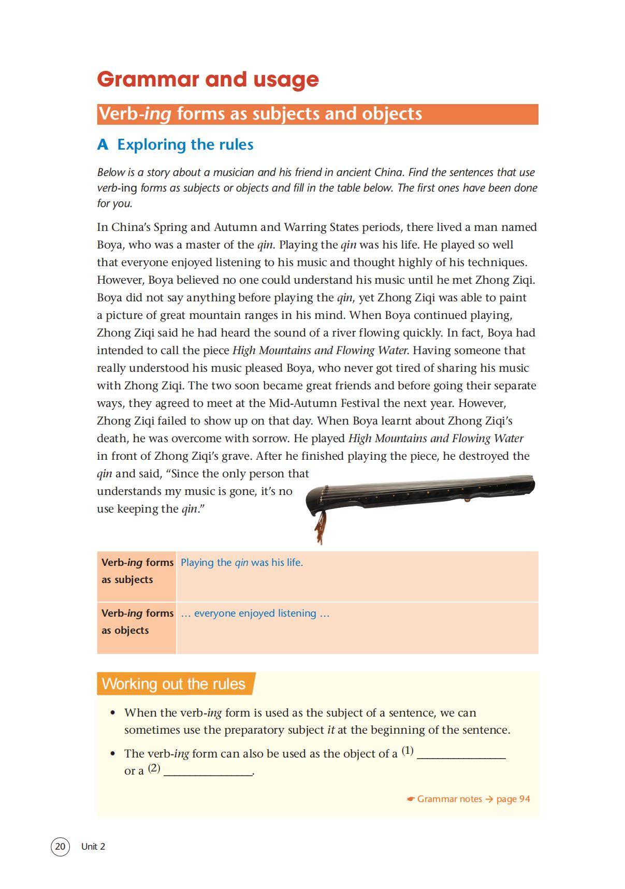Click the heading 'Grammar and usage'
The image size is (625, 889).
(x=208, y=79)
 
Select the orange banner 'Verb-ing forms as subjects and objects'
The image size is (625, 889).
(x=317, y=114)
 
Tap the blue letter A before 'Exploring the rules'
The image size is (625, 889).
(x=103, y=144)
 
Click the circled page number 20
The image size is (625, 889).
(x=60, y=846)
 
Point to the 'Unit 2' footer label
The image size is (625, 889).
(x=93, y=846)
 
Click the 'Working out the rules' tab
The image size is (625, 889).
(x=174, y=683)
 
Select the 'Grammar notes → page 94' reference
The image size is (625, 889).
(x=469, y=798)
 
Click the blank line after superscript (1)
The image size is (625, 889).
(x=461, y=755)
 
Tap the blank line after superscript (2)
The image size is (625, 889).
(x=208, y=772)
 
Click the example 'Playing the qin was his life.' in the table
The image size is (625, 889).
(x=242, y=562)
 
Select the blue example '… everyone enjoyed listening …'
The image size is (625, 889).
(x=255, y=613)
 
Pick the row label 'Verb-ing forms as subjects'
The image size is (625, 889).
(x=137, y=571)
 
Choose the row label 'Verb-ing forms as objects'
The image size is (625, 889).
(x=137, y=621)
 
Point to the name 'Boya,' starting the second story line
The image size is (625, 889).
(x=110, y=245)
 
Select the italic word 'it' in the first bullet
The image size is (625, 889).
(x=331, y=730)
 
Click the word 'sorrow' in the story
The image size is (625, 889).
(x=269, y=439)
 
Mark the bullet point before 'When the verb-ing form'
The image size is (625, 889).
(x=113, y=713)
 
